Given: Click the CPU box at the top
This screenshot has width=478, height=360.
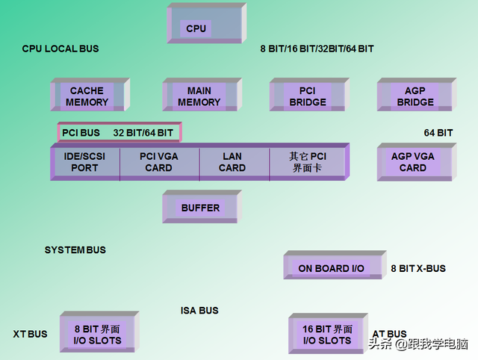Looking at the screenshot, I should pos(196,29).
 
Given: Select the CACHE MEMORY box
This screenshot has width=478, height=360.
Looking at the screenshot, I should pos(87,96).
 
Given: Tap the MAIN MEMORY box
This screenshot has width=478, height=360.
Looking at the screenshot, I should pos(199,96).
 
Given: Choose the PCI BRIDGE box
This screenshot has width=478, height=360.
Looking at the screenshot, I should pos(307,96).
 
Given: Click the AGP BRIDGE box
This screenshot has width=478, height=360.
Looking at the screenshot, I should pos(415,96).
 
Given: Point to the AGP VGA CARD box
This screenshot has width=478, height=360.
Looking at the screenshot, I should pos(412,162).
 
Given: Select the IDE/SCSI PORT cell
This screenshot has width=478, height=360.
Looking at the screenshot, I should pos(84,163).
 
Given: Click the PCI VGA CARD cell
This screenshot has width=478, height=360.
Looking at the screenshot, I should pos(159,163).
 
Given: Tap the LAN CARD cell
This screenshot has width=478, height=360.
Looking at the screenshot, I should pos(232,163).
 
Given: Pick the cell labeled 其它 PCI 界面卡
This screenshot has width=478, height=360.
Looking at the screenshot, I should pos(307,163).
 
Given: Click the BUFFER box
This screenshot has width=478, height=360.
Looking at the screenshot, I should pos(200,208).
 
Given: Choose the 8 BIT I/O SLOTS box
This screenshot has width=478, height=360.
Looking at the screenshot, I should pos(97,335).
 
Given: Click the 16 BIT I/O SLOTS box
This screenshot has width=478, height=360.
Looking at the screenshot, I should pos(326,335).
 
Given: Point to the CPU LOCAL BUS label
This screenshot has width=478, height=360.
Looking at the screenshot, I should pos(60,49).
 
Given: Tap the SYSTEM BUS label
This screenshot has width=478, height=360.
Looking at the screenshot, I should pos(75,250).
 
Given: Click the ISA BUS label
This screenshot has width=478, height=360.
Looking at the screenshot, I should pos(199,310).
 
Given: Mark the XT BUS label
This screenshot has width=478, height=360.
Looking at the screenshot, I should pos(30,334).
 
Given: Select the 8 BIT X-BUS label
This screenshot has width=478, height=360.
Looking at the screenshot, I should pos(418,268).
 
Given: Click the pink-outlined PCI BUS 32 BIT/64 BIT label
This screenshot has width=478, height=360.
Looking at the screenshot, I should pos(118,133).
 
